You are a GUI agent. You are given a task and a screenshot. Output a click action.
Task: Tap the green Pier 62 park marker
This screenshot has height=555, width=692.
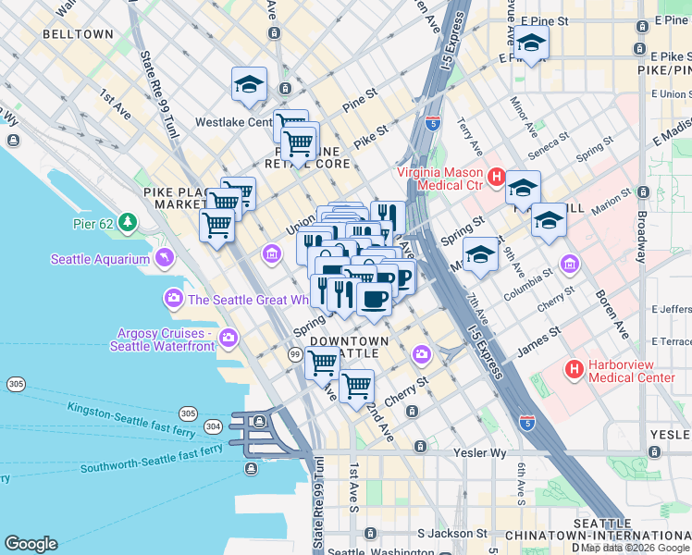click(128, 223)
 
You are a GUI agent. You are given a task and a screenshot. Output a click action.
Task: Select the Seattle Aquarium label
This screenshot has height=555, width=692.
click(100, 259)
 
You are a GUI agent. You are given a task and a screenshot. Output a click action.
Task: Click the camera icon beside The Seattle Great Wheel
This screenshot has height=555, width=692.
click(173, 299)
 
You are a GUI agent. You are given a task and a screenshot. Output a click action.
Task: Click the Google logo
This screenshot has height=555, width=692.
click(31, 544)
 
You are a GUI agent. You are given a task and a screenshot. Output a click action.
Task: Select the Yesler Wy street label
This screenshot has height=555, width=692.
click(479, 452)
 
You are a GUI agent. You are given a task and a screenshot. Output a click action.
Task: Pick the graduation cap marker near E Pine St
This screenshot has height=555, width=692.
click(531, 43)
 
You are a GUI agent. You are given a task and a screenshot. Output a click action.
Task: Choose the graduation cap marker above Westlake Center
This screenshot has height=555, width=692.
click(249, 84)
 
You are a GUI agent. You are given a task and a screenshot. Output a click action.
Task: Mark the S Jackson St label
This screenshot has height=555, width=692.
click(451, 534)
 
